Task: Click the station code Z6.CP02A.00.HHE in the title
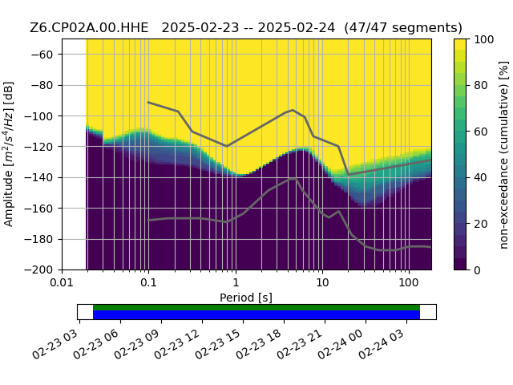click(x=89, y=28)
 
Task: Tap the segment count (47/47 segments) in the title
click(x=403, y=28)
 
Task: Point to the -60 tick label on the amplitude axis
click(x=42, y=55)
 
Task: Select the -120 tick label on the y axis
click(x=38, y=147)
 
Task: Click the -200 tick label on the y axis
click(x=38, y=270)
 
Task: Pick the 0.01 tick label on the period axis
click(x=62, y=282)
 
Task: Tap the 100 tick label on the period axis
click(x=409, y=282)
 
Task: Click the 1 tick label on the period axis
click(x=236, y=282)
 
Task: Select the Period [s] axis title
click(x=246, y=298)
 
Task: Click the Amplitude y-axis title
click(x=9, y=154)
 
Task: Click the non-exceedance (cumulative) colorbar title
click(x=504, y=155)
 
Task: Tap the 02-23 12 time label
click(x=177, y=344)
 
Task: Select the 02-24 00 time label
click(x=341, y=344)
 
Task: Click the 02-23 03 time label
click(x=55, y=344)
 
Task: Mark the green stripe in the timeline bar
click(x=256, y=307)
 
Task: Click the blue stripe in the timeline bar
click(x=256, y=314)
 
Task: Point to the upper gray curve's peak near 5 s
click(x=293, y=110)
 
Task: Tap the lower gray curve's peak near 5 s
click(x=292, y=179)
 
